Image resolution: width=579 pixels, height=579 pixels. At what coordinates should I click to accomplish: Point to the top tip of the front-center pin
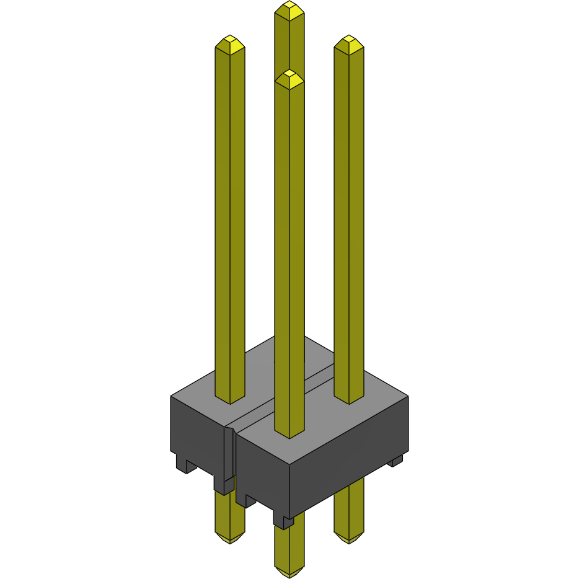point(289,75)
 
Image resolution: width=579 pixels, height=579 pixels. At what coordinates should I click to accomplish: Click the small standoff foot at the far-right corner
point(396,460)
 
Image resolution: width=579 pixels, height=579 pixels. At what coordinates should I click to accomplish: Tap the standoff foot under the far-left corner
point(184,464)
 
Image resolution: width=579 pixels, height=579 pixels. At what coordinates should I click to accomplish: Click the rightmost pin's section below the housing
point(349,508)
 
